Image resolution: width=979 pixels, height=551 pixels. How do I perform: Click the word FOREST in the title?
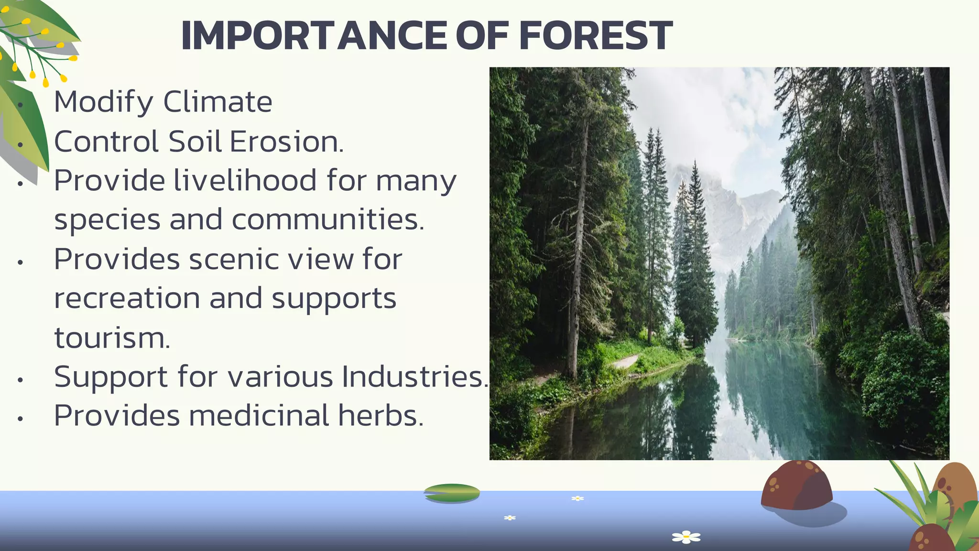point(595,36)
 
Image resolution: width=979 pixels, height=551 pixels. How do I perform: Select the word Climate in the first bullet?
point(218,102)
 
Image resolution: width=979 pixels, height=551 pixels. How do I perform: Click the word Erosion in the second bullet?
point(286,142)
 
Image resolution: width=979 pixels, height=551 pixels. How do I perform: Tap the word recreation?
point(127,299)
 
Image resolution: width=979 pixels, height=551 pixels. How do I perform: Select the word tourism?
point(111,338)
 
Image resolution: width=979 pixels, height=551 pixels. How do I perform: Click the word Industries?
point(414,377)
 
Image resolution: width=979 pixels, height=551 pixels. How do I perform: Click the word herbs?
point(381,416)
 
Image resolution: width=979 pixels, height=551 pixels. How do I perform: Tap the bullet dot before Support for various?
point(20,380)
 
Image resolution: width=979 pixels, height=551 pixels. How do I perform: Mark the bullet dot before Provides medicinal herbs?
point(20,419)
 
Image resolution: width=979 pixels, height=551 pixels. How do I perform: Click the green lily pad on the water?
point(452,493)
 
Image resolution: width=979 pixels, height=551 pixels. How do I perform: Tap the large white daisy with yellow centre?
point(686,537)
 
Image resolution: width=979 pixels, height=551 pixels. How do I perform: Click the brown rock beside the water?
point(796,485)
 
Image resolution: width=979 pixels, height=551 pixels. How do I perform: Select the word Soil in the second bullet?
point(195,142)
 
